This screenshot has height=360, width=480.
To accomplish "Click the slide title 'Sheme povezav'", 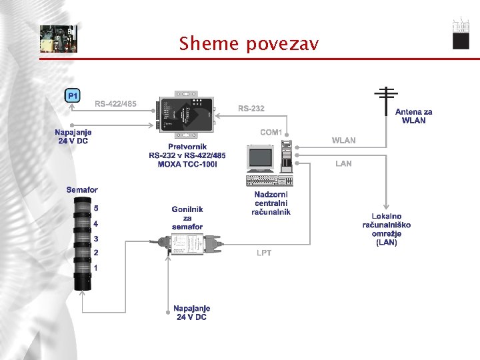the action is pyautogui.click(x=249, y=44).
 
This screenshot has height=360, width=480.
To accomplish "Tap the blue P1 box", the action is pyautogui.click(x=73, y=96).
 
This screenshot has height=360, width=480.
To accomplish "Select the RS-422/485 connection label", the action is pyautogui.click(x=115, y=104).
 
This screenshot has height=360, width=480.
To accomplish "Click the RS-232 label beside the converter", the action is pyautogui.click(x=251, y=108).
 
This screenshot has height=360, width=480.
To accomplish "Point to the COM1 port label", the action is pyautogui.click(x=271, y=132).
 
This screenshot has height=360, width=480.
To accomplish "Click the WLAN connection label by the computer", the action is pyautogui.click(x=344, y=141).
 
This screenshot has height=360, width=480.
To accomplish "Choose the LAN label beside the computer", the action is pyautogui.click(x=344, y=163).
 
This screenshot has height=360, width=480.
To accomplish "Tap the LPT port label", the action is pyautogui.click(x=264, y=253).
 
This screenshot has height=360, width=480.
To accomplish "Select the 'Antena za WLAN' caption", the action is pyautogui.click(x=413, y=116).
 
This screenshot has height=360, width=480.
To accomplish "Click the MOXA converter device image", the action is pyautogui.click(x=185, y=109).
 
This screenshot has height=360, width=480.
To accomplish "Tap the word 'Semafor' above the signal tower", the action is pyautogui.click(x=82, y=190).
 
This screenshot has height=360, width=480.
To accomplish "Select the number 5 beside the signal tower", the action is pyautogui.click(x=96, y=208).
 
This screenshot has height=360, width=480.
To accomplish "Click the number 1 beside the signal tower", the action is pyautogui.click(x=96, y=268).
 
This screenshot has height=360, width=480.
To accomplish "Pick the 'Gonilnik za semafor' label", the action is pyautogui.click(x=187, y=218).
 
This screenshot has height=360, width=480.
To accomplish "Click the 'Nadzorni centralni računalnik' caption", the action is pyautogui.click(x=271, y=203).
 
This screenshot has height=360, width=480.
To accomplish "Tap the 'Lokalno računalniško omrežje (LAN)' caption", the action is pyautogui.click(x=387, y=229).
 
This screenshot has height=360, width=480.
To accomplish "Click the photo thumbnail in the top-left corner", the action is pyautogui.click(x=58, y=39).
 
